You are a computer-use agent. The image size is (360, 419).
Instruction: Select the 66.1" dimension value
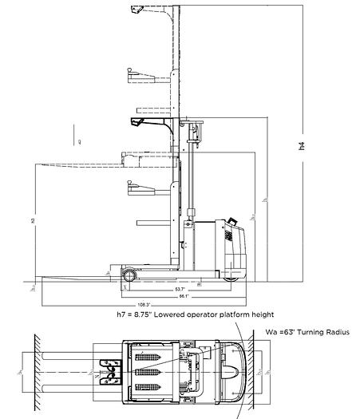184,296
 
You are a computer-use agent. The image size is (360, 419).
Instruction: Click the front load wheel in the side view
128,275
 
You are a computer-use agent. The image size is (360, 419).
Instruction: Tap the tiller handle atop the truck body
231,223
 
